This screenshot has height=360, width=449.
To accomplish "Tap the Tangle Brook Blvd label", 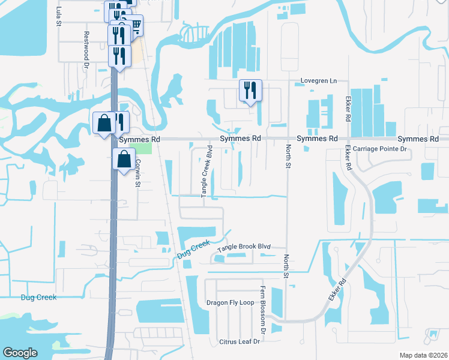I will pos(244,247).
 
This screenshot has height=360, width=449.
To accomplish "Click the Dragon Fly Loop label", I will pos(230,302).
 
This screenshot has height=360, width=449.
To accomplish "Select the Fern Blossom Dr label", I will pos(262,310).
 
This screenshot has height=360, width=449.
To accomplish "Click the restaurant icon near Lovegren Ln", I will pos(250,91).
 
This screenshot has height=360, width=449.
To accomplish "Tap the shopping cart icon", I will pos(136,25).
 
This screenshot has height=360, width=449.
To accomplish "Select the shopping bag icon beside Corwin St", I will pos(124,160).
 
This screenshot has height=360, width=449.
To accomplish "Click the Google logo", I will pos(20,353).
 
